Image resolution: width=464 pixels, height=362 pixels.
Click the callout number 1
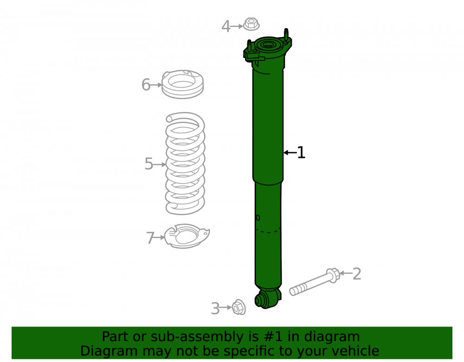pyautogui.click(x=301, y=152)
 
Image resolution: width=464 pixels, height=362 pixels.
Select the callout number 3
pyautogui.click(x=215, y=309)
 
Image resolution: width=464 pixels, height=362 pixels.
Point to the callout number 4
pyautogui.click(x=226, y=26)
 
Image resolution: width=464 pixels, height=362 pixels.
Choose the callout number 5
pyautogui.click(x=149, y=164)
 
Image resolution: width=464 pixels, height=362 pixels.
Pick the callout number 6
pyautogui.click(x=146, y=84)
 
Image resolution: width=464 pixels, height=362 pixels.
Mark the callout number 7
pyautogui.click(x=150, y=238)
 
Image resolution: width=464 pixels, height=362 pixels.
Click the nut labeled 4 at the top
pyautogui.click(x=251, y=24)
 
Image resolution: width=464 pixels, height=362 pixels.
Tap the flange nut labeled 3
pyautogui.click(x=238, y=307)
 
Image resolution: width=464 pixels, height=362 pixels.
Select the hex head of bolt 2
pyautogui.click(x=333, y=275)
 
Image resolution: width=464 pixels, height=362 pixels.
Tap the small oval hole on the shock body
pyautogui.click(x=258, y=218)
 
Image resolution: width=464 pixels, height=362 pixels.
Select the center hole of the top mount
pyautogui.click(x=268, y=45)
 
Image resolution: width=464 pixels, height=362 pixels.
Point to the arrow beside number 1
pyautogui.click(x=290, y=152)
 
